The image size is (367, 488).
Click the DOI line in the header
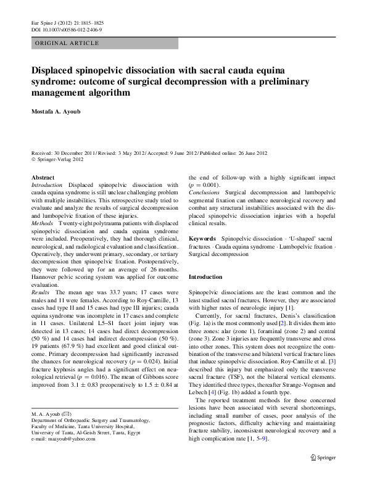tap(67, 29)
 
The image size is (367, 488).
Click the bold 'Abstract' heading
tap(43, 177)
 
